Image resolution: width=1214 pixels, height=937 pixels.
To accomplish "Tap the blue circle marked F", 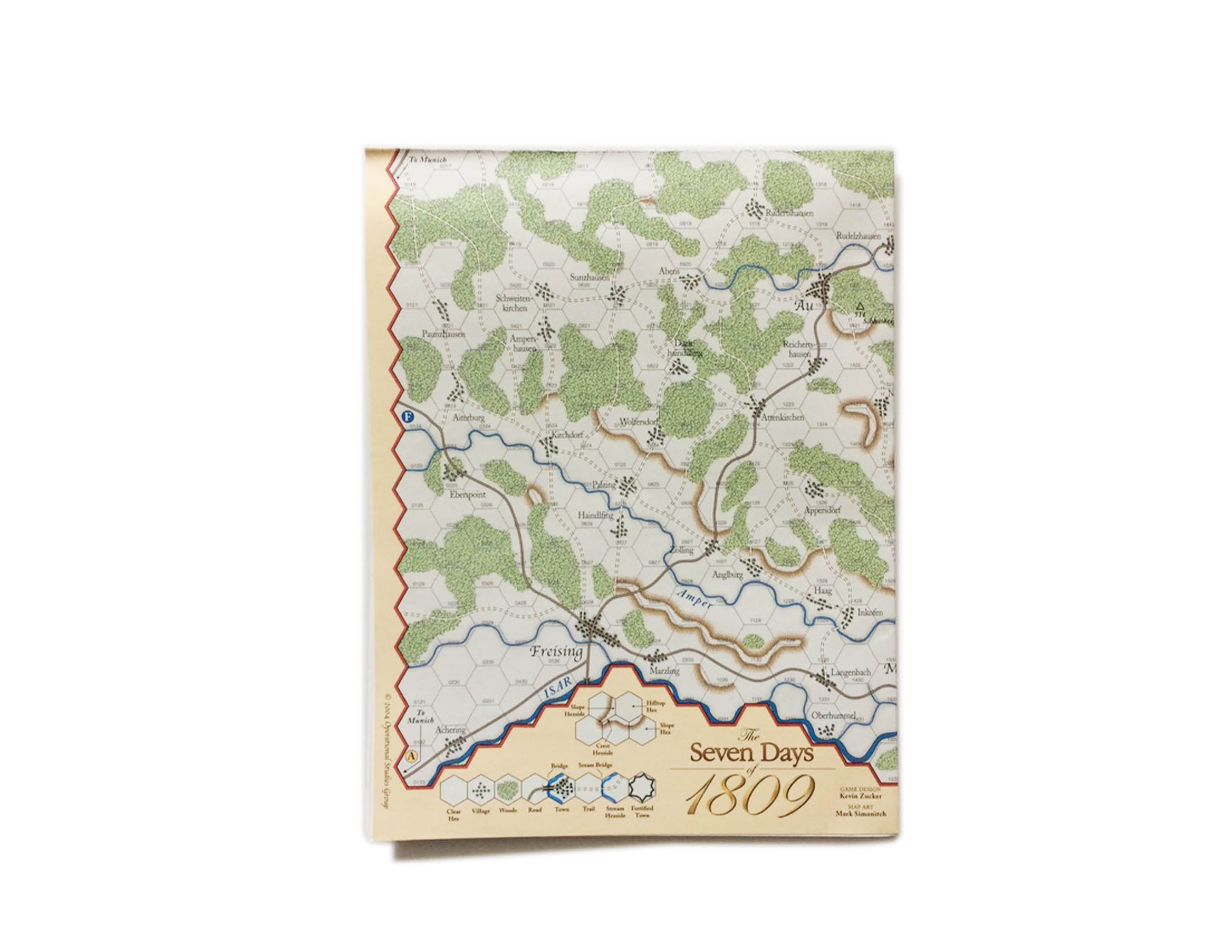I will (x=409, y=416).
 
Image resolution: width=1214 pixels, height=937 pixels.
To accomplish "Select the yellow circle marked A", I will (x=411, y=756).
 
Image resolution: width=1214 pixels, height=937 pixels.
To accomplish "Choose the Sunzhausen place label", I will (x=590, y=277).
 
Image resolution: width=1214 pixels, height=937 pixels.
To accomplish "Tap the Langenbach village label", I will (x=851, y=672).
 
